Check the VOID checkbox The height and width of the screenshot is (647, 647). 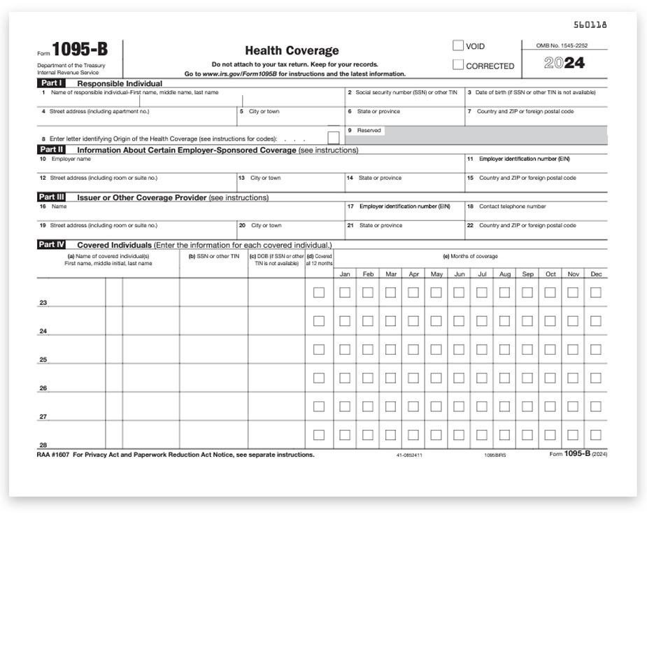[x=458, y=46]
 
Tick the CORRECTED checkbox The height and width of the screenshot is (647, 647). [x=458, y=65]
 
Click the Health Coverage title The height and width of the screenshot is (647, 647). [x=292, y=50]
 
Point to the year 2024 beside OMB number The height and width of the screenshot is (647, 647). [x=564, y=64]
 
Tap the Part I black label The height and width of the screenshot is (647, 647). [x=51, y=83]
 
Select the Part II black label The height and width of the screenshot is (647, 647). [x=52, y=150]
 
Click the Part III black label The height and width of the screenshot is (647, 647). [x=52, y=197]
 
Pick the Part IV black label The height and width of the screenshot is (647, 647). [x=52, y=245]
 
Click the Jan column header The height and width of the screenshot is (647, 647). [x=345, y=274]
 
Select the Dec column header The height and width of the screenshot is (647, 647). [x=596, y=274]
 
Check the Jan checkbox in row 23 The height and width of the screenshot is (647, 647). [x=345, y=292]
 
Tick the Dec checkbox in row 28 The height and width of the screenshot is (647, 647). [x=595, y=435]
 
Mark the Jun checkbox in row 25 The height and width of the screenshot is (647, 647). [x=459, y=350]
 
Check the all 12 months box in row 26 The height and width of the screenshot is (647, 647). [x=319, y=378]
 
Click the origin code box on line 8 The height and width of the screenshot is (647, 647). [x=334, y=138]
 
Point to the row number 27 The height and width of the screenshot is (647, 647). [x=43, y=417]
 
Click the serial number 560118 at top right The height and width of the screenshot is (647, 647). [x=590, y=24]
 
